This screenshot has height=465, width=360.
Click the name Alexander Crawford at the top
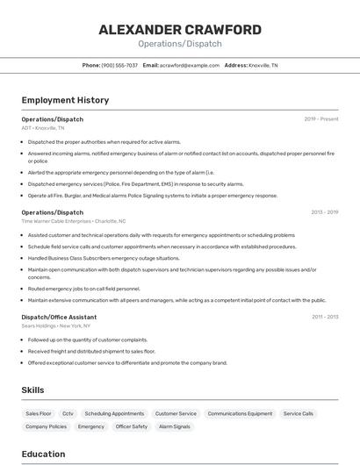pos(180,30)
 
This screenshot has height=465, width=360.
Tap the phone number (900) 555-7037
pos(119,66)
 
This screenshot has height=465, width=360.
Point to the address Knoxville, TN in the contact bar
pos(263,66)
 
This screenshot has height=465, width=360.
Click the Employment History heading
pos(65,101)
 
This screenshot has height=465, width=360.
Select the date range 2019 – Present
pos(321,119)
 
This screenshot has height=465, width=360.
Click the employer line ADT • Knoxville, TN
pos(43,128)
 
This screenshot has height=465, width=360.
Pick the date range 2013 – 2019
pos(324,212)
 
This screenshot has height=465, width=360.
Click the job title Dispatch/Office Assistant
pos(59,317)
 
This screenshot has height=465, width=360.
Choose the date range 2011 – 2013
pos(324,317)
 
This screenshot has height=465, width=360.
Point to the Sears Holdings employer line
pos(56,325)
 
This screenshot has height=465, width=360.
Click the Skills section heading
pos(33,390)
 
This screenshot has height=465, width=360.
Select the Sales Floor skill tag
pos(39,413)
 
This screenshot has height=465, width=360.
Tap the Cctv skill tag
pos(68,413)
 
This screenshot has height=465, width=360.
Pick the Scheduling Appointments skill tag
pos(114,413)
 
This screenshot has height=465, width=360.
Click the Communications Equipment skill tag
pos(240,413)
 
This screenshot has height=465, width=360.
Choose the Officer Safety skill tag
pos(132,426)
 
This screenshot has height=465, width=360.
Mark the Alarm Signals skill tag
pos(174,426)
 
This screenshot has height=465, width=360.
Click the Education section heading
pos(44,454)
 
